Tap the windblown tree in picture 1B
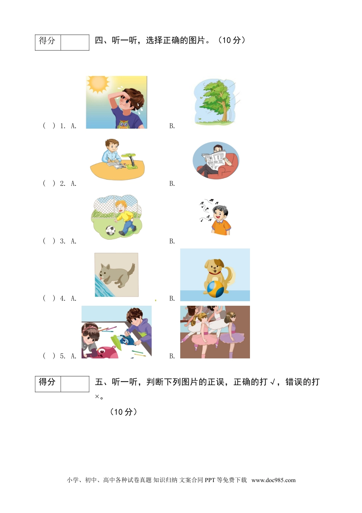tap(216, 101)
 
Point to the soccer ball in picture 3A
tap(110, 230)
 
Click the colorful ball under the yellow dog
tap(214, 289)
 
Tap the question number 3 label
tap(62, 241)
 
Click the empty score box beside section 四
tap(75, 42)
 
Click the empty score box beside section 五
tap(75, 384)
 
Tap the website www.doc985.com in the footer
tap(273, 480)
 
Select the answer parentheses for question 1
tap(49, 126)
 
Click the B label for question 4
tap(172, 298)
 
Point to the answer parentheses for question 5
tap(49, 356)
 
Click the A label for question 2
tap(74, 184)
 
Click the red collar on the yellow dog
tap(214, 273)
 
